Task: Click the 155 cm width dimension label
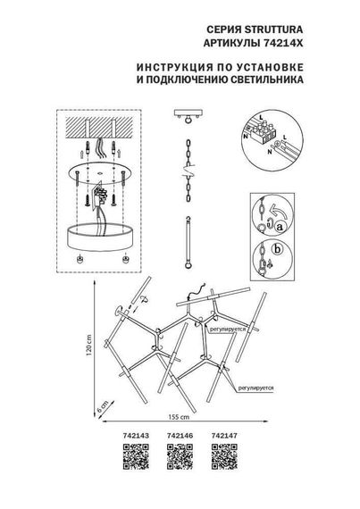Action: [x=181, y=417]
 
